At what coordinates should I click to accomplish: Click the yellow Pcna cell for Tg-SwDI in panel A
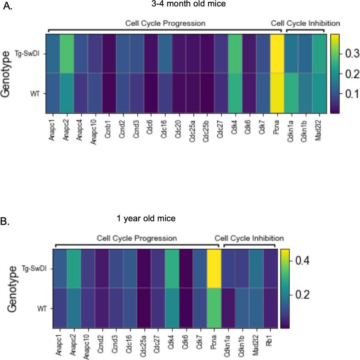277,53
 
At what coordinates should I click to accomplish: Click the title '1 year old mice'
145,219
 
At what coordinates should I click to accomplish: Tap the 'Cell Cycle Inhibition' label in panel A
305,23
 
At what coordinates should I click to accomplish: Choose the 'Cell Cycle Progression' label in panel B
136,238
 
